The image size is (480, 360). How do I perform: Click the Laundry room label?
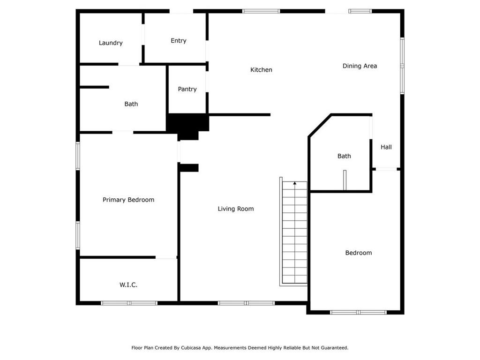[x=111, y=43]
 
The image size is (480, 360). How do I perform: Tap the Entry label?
[x=178, y=41]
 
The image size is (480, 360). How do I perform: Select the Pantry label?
[x=187, y=89]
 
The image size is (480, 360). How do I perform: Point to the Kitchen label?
[x=261, y=70]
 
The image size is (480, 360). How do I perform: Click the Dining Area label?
[x=360, y=66]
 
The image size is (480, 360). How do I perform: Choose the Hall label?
[x=386, y=147]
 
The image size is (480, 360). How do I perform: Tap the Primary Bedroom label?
[x=128, y=200]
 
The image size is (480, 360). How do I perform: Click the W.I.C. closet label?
[x=128, y=285]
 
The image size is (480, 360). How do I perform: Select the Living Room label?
[x=235, y=209]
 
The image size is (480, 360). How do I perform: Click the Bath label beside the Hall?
[x=344, y=156]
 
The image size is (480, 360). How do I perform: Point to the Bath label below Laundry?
[x=131, y=104]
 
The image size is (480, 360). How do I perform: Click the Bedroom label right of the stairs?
[x=358, y=253]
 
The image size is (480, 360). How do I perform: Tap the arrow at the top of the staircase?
[x=294, y=183]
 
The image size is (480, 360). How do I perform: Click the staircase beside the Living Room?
[x=294, y=234]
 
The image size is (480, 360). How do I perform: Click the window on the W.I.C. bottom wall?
[x=129, y=303]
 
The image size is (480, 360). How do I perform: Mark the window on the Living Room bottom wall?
[x=246, y=303]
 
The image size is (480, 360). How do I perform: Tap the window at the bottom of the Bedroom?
[x=358, y=312]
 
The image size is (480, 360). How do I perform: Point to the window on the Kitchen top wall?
[x=261, y=11]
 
